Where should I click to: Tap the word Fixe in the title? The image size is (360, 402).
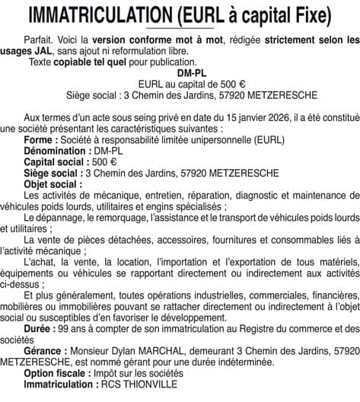tap(310, 14)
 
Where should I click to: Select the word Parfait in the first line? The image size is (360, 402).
tap(40, 38)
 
